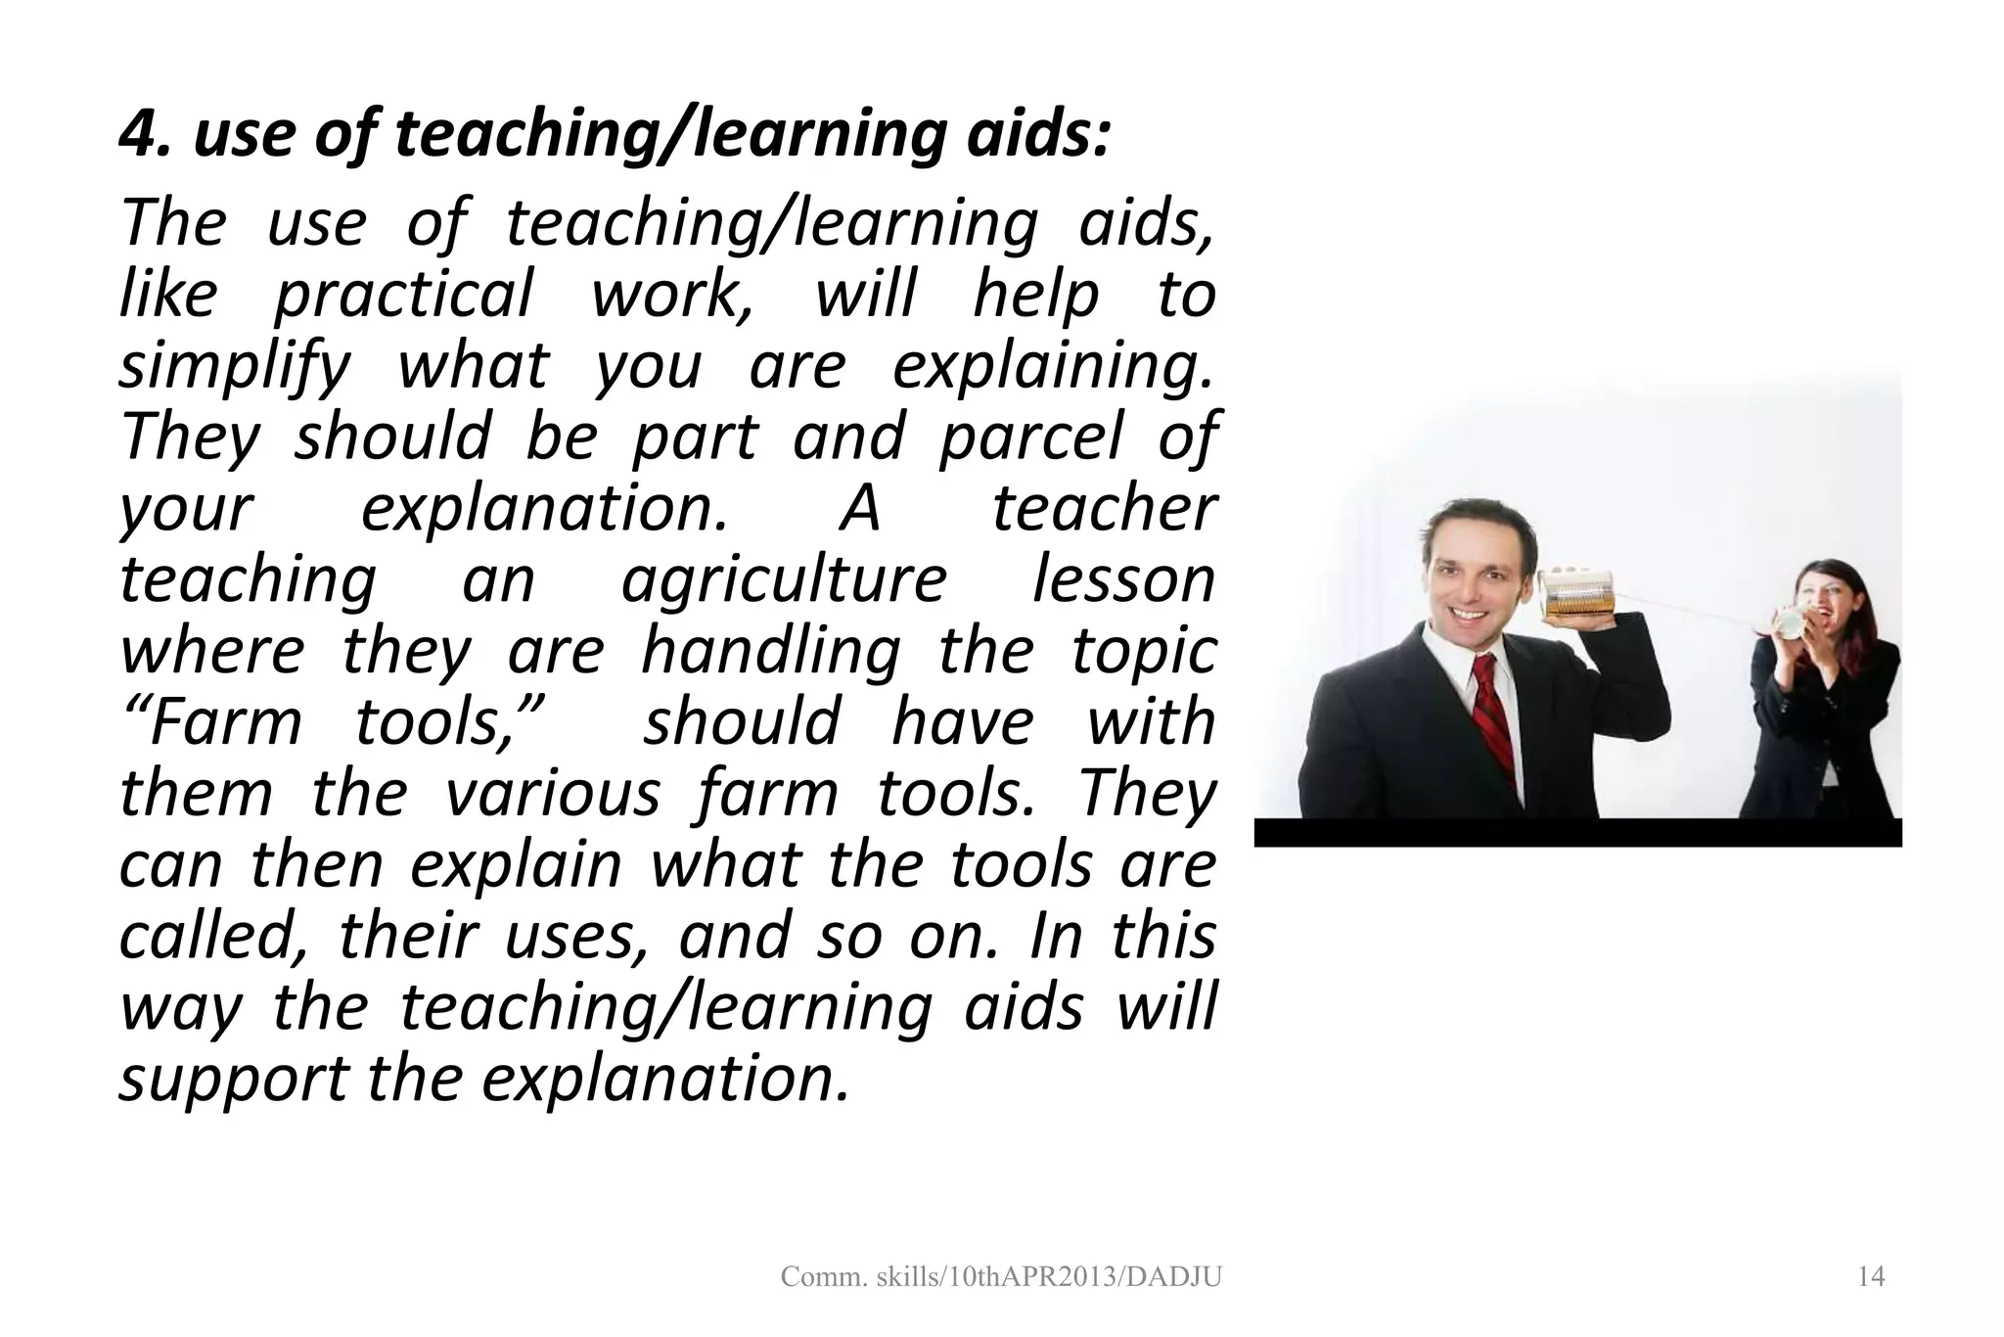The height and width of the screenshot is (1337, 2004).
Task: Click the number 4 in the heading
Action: (x=137, y=134)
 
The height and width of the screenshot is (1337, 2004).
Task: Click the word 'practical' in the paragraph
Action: (x=403, y=295)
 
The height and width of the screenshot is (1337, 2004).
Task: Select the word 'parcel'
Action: (x=1029, y=438)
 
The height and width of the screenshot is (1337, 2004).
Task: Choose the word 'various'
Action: (x=552, y=794)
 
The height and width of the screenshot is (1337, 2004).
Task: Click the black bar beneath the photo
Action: (x=1577, y=833)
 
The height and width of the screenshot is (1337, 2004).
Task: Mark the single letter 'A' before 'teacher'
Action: (x=860, y=509)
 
